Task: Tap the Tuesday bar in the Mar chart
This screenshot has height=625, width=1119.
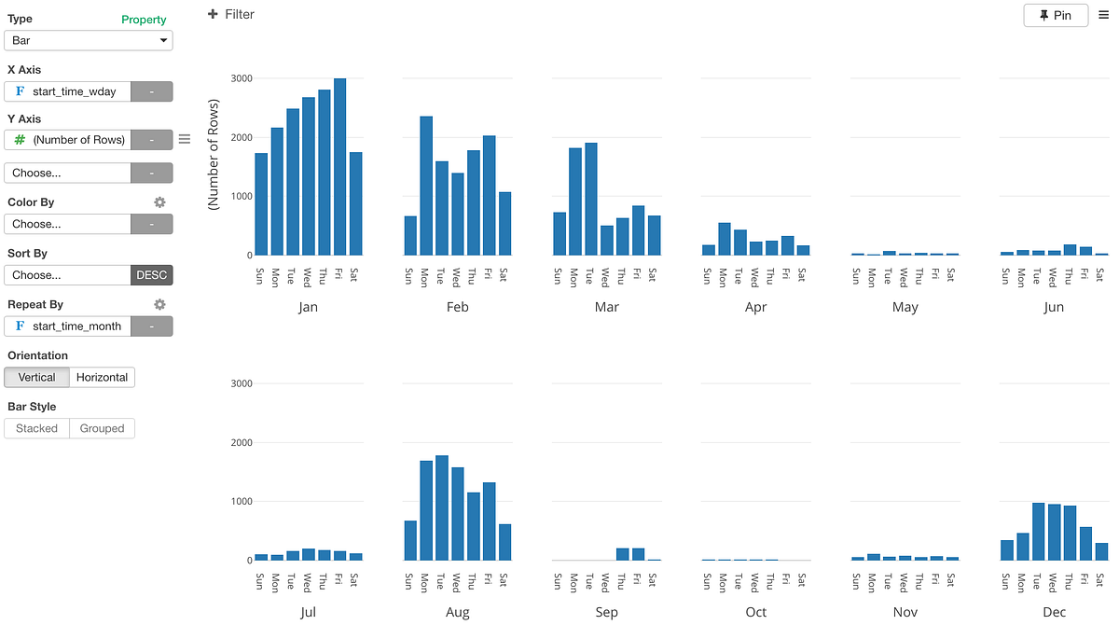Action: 590,200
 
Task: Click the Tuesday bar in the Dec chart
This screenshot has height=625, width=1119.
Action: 1038,532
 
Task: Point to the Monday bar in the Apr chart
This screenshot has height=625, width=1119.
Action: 724,239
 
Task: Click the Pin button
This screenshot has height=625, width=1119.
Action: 1055,15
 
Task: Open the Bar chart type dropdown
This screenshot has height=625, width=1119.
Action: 89,40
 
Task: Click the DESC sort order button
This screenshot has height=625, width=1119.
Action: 151,275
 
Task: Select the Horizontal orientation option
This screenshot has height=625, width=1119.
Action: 102,377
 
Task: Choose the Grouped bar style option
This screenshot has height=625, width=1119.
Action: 102,428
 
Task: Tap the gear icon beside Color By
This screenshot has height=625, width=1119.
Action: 159,201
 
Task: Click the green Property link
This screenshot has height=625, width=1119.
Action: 144,20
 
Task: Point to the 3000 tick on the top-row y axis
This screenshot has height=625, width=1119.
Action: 241,78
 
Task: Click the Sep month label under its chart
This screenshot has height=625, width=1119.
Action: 606,613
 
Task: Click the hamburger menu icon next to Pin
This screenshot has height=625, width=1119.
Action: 1104,15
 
